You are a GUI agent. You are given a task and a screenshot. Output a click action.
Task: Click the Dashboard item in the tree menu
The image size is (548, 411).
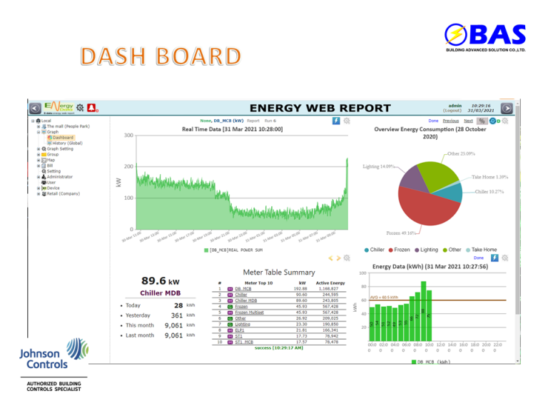63,137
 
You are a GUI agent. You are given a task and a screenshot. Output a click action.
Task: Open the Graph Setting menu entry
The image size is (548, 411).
60,148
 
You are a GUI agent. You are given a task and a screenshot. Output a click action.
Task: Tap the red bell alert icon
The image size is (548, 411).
92,108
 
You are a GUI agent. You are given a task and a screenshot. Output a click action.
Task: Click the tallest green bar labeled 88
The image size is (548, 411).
423,310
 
